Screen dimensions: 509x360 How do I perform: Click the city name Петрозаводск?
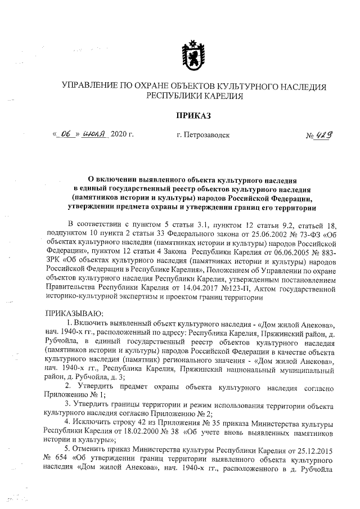click(x=209, y=135)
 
